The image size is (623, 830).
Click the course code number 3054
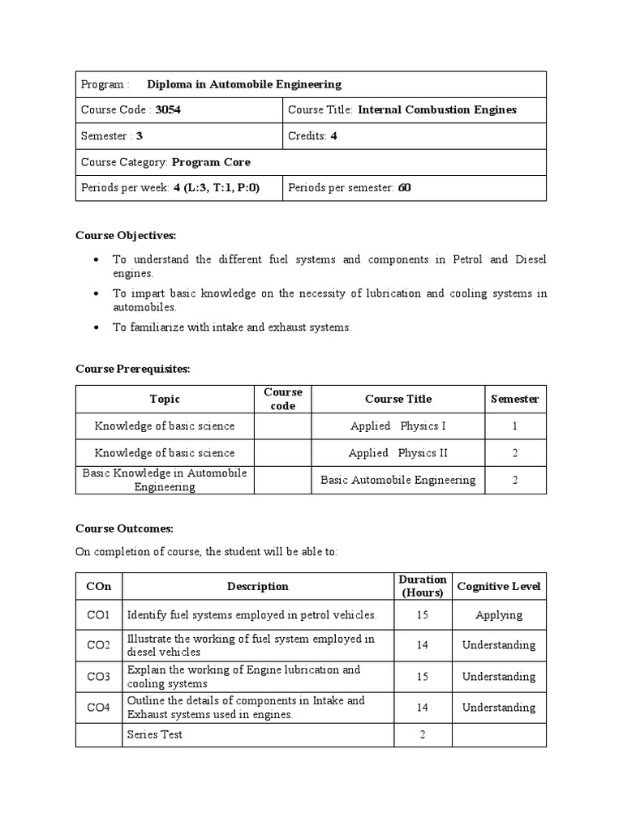(x=167, y=110)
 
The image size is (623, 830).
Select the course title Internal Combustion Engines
(x=436, y=110)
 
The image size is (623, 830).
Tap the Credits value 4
(x=333, y=136)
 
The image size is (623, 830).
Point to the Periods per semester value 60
(x=404, y=188)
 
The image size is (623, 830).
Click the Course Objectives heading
(x=125, y=235)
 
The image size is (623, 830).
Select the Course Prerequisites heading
(x=132, y=369)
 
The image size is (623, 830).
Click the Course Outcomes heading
(x=124, y=528)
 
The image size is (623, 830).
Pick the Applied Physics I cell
(x=398, y=426)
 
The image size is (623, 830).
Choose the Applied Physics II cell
(x=398, y=453)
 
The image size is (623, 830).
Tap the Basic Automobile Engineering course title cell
(x=398, y=480)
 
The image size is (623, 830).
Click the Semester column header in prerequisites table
(x=515, y=399)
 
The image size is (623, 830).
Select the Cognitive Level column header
(x=499, y=586)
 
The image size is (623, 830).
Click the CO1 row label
(x=98, y=615)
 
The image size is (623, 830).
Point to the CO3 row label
(x=98, y=677)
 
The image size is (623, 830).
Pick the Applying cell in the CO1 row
(x=499, y=615)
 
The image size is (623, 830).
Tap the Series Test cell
(x=155, y=734)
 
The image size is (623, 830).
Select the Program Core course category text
(x=212, y=162)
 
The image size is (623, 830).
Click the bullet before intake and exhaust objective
(x=97, y=327)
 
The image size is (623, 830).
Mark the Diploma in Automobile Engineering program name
(x=244, y=84)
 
